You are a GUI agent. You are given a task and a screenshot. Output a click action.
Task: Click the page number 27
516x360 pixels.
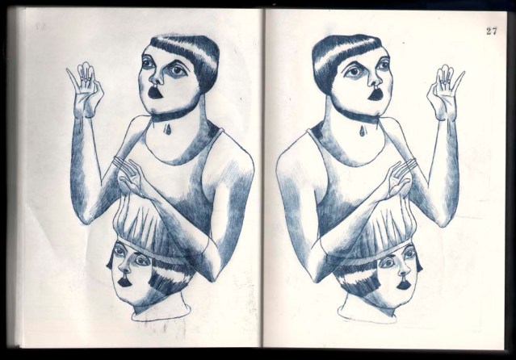click(x=491, y=31)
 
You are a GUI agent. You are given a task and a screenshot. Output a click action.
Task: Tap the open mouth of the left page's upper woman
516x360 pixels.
click(x=154, y=92)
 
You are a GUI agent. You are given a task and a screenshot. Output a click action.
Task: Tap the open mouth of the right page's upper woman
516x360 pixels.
click(x=375, y=94)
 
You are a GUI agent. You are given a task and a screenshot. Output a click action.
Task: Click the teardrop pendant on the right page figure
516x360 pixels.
click(x=363, y=132)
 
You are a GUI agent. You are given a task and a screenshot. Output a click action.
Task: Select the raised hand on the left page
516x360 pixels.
click(x=86, y=90)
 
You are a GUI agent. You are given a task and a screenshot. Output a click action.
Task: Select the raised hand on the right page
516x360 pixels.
click(x=445, y=92)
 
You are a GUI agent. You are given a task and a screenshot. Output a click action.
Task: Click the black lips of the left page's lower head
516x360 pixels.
click(x=124, y=282)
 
